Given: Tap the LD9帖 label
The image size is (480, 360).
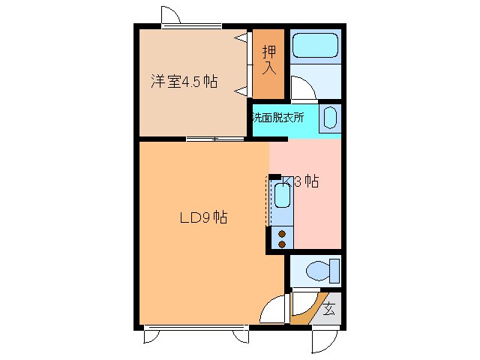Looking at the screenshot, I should [x=202, y=218].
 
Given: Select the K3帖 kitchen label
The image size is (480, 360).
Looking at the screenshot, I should [x=301, y=181].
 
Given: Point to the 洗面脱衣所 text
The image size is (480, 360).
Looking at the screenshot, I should [x=277, y=118].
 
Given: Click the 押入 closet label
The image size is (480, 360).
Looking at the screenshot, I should [x=268, y=60].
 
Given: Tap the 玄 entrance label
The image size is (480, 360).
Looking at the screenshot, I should [x=329, y=308].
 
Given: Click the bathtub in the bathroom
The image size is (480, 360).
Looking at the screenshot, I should [x=315, y=47].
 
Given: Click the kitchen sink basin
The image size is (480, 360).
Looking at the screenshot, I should [x=281, y=197].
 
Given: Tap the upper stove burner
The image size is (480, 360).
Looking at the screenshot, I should [x=282, y=233].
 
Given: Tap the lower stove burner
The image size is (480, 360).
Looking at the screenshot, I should [x=282, y=244].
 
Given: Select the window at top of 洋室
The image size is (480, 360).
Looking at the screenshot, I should [x=192, y=26].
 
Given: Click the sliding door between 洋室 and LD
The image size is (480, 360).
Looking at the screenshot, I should [x=215, y=139].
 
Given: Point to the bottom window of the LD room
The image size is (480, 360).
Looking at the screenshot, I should [x=195, y=327].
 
